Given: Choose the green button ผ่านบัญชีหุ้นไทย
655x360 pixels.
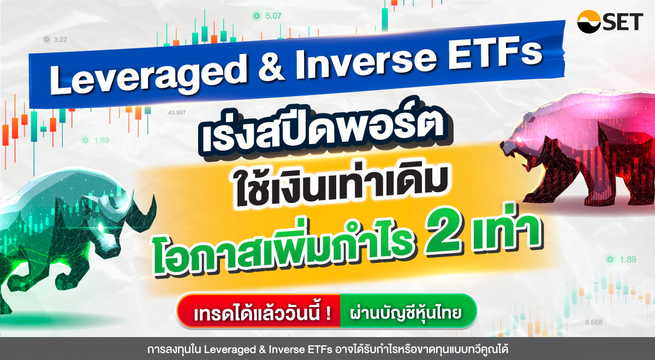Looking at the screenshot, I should click(x=406, y=314).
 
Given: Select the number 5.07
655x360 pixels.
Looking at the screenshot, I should click(x=273, y=16).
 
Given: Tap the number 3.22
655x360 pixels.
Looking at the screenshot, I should click(x=60, y=39).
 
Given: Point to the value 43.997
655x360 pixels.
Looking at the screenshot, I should click(x=177, y=112).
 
